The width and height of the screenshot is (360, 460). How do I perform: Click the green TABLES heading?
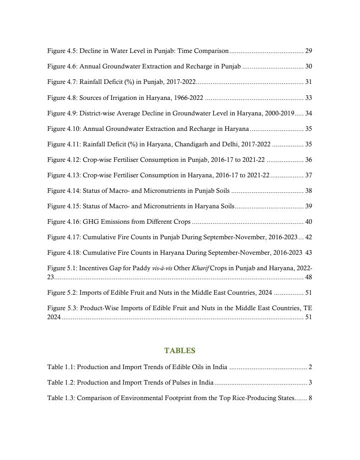click(180, 351)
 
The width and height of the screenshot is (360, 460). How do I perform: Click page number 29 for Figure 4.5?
click(309, 51)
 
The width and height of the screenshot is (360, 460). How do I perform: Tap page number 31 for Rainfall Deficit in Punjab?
click(309, 82)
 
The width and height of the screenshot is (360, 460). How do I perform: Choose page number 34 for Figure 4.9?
click(309, 113)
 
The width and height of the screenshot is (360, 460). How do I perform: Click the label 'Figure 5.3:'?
click(62, 308)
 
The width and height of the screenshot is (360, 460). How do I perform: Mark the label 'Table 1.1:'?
click(61, 368)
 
